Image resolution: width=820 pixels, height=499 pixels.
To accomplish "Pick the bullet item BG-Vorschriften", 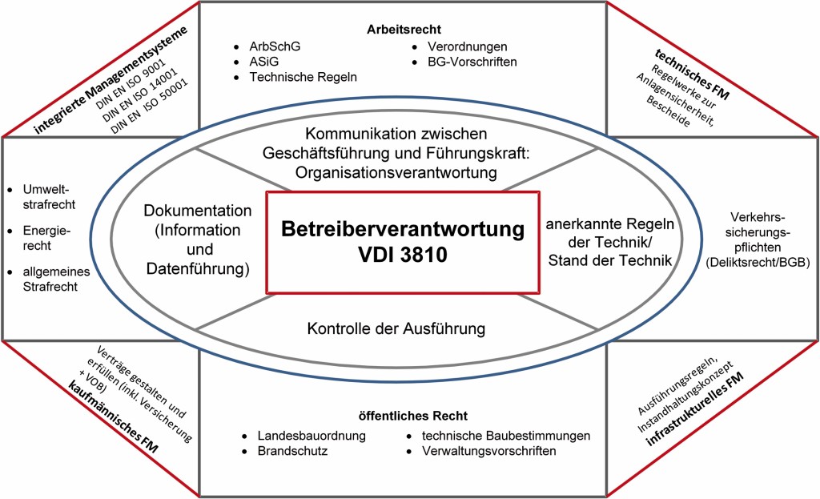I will (x=472, y=62).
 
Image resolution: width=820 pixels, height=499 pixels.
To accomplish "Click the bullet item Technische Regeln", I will (x=303, y=77).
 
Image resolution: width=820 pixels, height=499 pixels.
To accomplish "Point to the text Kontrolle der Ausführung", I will (x=396, y=328).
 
